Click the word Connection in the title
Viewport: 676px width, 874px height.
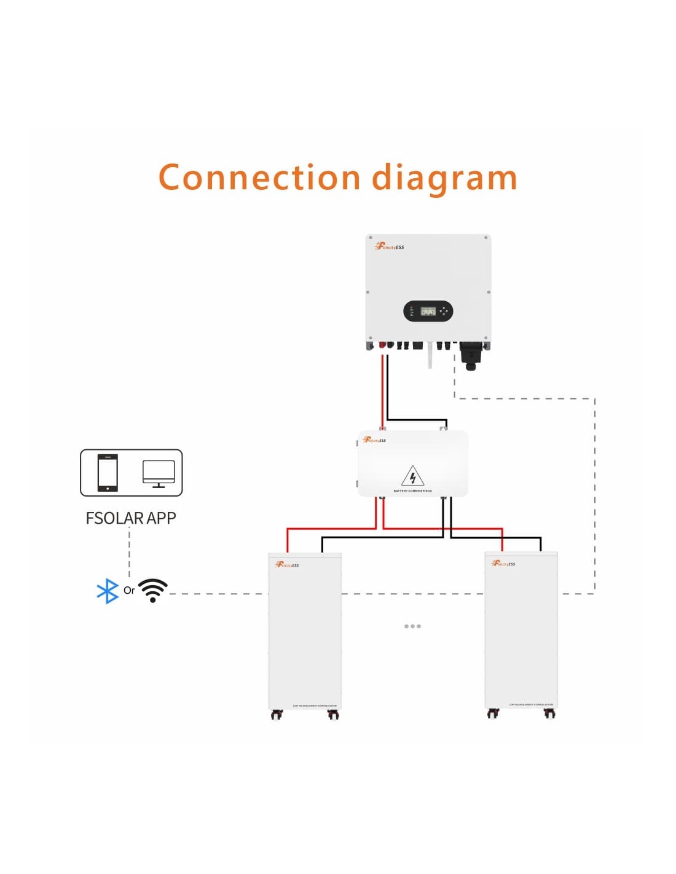pos(259,178)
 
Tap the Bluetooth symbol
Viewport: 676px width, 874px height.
pos(108,591)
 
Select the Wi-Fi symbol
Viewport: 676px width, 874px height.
pos(153,591)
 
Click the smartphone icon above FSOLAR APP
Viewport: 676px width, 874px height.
pos(108,473)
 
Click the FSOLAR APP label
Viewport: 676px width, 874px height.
pos(131,518)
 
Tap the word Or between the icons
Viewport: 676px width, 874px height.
pos(129,590)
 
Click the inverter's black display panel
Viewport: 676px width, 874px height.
pos(428,311)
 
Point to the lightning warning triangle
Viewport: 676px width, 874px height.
pos(412,476)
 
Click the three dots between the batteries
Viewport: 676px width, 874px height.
pos(412,626)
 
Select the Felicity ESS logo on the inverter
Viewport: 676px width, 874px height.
pos(390,246)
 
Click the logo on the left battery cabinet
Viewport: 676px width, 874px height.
pos(288,564)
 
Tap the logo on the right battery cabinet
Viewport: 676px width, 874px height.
pos(504,563)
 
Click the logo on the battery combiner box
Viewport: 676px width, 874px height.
pos(374,439)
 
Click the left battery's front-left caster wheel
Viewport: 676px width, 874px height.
pos(277,714)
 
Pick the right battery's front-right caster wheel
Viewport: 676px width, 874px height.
pos(549,713)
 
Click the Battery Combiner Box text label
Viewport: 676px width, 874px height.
pos(412,491)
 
